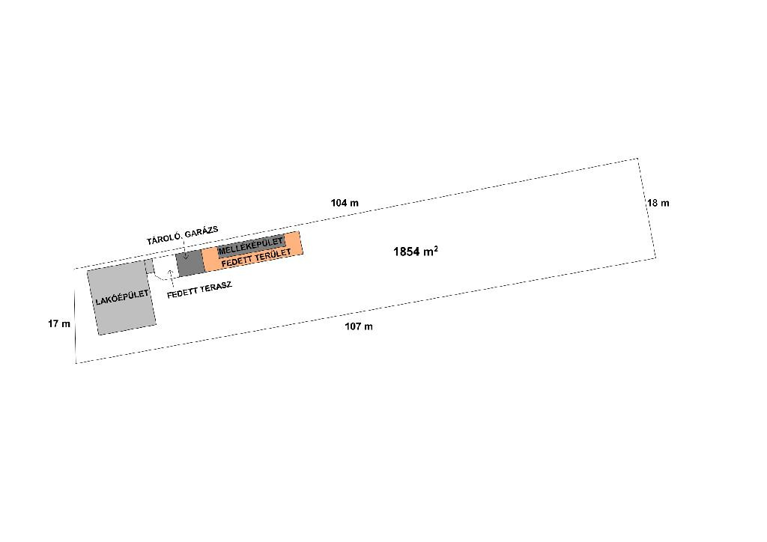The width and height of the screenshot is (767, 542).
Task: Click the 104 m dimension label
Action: [345, 203]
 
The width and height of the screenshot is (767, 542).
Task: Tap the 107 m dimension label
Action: [359, 326]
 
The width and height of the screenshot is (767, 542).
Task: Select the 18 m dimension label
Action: [658, 203]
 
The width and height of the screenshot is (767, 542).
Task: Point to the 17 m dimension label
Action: [59, 323]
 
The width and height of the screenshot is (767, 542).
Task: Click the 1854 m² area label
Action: [415, 252]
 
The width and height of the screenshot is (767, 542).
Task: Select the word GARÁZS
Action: [201, 231]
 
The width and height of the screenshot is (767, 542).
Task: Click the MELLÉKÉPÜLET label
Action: [250, 246]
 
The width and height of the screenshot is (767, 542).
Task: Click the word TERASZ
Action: [216, 288]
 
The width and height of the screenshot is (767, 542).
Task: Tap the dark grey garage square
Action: [190, 264]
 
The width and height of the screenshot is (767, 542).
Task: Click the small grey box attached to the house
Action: [149, 267]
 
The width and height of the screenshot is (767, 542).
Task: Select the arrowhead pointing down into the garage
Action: [186, 257]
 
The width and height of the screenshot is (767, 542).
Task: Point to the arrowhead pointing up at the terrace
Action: [171, 272]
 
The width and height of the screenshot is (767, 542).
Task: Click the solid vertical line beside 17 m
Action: [76, 326]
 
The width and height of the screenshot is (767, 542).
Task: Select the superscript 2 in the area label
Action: [436, 249]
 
